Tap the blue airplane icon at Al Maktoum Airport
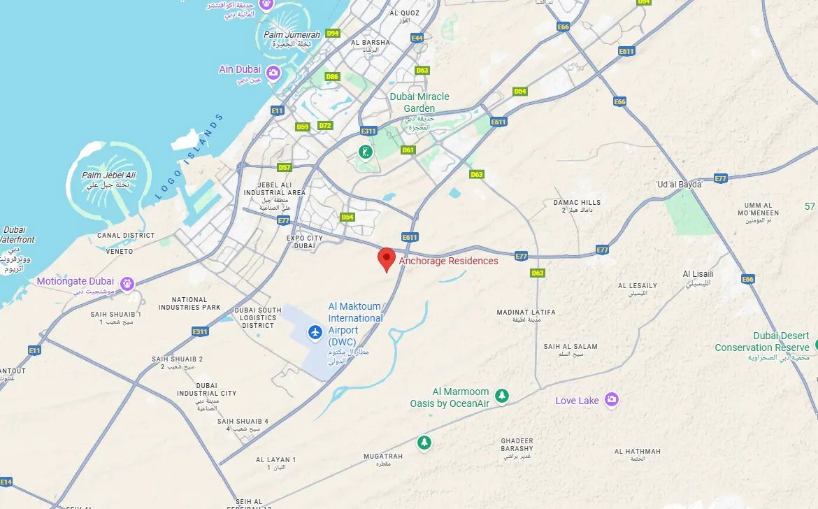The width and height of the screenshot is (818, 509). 315,331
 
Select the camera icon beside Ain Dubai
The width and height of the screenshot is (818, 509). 273,72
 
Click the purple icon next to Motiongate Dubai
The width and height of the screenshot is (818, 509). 127,283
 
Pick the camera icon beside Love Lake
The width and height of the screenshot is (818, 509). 612,400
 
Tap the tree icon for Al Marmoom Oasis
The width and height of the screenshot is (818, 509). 501,396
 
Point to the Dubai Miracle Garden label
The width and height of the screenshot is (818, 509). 419,102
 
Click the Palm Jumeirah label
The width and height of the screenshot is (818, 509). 292,35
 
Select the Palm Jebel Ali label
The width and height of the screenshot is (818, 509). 108,175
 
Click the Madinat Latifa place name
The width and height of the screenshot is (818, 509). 526,312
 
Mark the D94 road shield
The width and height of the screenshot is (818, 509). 333,34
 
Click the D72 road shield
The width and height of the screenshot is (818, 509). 325,126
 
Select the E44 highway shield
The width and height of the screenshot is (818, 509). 417,38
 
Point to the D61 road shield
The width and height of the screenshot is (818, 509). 408,150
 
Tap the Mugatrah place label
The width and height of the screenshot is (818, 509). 383,457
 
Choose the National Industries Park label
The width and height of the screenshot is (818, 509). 189,303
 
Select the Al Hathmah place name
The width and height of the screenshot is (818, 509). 637,452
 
